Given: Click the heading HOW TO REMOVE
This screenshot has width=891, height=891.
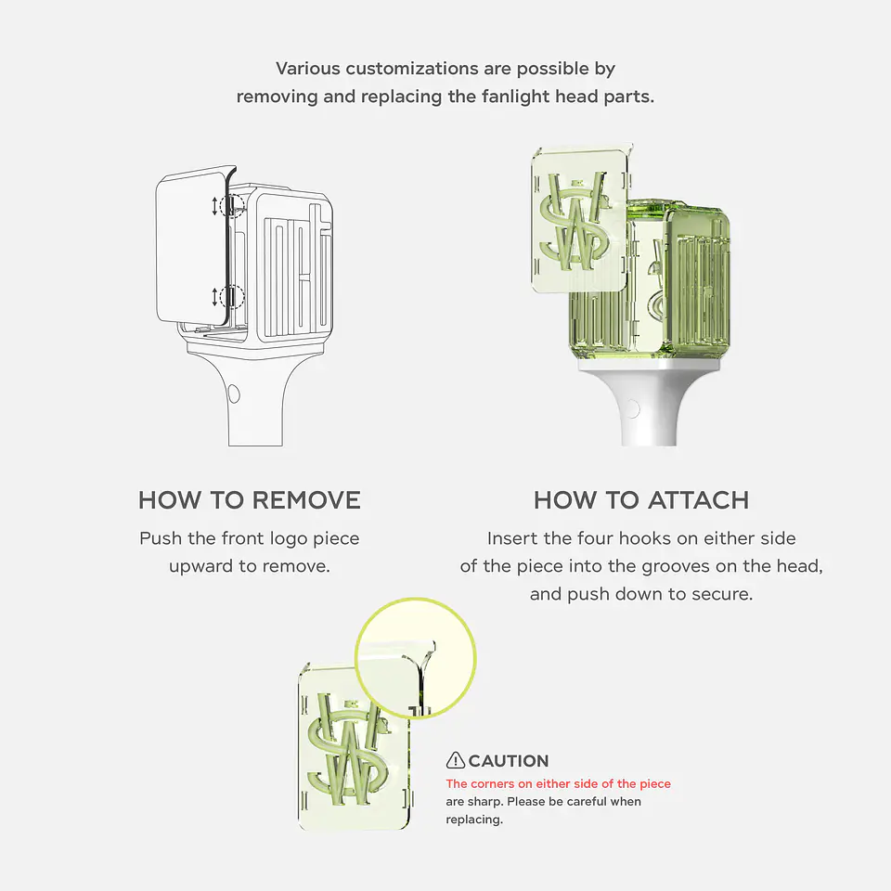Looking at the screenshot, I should (249, 500).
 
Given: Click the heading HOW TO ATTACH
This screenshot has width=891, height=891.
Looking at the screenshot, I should (640, 500).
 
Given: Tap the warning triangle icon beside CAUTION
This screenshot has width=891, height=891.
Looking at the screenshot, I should (456, 761).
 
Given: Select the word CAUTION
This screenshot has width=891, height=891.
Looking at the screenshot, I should (509, 761).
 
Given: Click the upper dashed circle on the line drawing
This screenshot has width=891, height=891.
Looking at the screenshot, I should (231, 206).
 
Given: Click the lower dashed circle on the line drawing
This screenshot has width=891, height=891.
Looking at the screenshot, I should (231, 297).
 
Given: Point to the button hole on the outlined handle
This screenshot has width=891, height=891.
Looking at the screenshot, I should (233, 394).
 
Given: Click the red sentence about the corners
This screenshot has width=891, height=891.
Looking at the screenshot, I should (558, 784).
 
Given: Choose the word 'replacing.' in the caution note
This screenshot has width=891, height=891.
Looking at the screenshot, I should (474, 820).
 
